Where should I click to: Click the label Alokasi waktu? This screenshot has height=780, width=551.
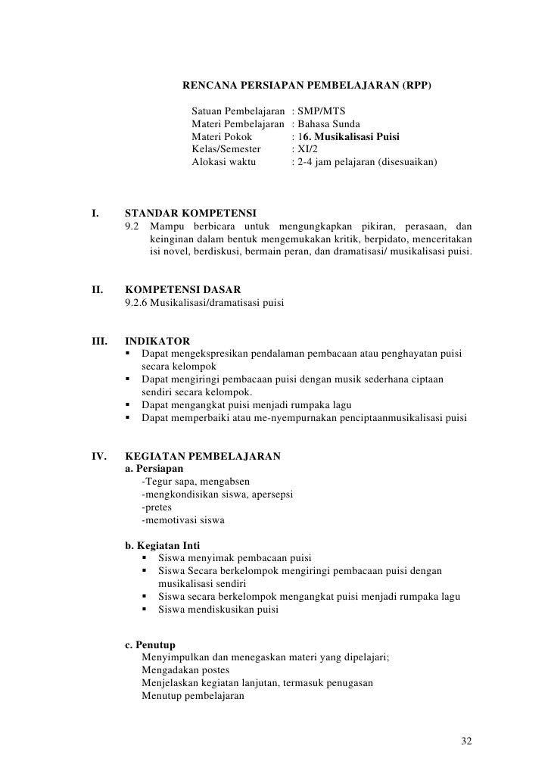pyautogui.click(x=224, y=162)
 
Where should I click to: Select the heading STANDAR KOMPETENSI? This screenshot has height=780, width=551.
pyautogui.click(x=190, y=211)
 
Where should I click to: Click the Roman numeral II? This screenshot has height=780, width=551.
pyautogui.click(x=97, y=289)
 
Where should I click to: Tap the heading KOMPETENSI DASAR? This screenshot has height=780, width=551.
pyautogui.click(x=182, y=289)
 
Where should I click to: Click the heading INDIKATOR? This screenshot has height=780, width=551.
pyautogui.click(x=157, y=341)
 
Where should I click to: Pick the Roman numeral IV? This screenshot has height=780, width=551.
pyautogui.click(x=98, y=456)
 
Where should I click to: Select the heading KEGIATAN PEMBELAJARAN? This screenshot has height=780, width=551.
pyautogui.click(x=202, y=456)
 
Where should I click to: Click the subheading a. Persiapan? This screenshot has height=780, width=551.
pyautogui.click(x=153, y=469)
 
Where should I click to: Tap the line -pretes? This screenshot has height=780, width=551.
pyautogui.click(x=157, y=507)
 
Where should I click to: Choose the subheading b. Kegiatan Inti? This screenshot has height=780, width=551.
pyautogui.click(x=163, y=546)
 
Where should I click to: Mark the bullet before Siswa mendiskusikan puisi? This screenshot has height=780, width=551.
pyautogui.click(x=145, y=610)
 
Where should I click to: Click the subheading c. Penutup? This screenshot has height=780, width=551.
pyautogui.click(x=150, y=645)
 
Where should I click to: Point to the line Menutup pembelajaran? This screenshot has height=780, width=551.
pyautogui.click(x=192, y=697)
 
